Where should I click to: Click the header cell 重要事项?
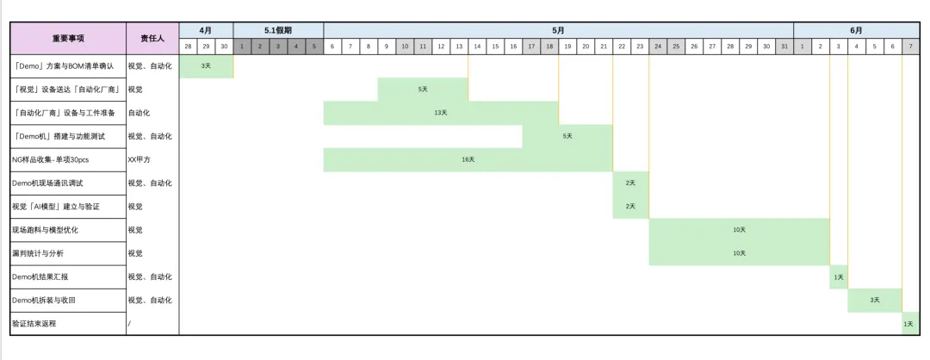pyautogui.click(x=68, y=38)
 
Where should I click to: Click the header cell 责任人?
pyautogui.click(x=152, y=38)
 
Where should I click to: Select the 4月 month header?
pyautogui.click(x=206, y=30)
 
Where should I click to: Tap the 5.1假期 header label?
pyautogui.click(x=278, y=30)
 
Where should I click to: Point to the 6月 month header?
pyautogui.click(x=856, y=30)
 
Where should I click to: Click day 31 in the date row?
pyautogui.click(x=784, y=46)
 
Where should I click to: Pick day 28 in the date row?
pyautogui.click(x=188, y=46)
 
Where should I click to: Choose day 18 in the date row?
pyautogui.click(x=549, y=46)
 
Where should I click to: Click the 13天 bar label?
pyautogui.click(x=441, y=113)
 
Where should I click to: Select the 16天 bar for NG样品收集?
pyautogui.click(x=468, y=159)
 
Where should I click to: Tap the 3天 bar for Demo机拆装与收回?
pyautogui.click(x=874, y=300)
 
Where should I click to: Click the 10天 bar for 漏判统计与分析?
pyautogui.click(x=739, y=253)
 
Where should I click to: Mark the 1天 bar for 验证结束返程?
pyautogui.click(x=909, y=324)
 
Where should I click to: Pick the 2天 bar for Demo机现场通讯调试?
pyautogui.click(x=630, y=183)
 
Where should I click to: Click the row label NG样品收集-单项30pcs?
pyautogui.click(x=51, y=159)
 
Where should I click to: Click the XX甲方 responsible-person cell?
pyautogui.click(x=139, y=159)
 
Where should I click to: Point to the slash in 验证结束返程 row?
pyautogui.click(x=130, y=324)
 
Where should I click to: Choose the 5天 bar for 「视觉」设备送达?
pyautogui.click(x=423, y=90)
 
